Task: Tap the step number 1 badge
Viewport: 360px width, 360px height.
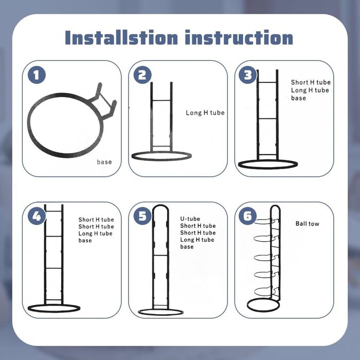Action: pyautogui.click(x=37, y=75)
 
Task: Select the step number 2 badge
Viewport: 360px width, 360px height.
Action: pyautogui.click(x=142, y=75)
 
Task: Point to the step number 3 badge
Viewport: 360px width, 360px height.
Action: pyautogui.click(x=248, y=75)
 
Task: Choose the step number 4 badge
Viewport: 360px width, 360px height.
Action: pyautogui.click(x=37, y=216)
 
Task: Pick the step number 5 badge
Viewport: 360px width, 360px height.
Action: pyautogui.click(x=142, y=216)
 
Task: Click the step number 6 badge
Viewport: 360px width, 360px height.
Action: pyautogui.click(x=248, y=216)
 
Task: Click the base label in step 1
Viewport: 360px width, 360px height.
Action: pyautogui.click(x=104, y=162)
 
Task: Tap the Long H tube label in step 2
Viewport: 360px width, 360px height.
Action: pyautogui.click(x=205, y=113)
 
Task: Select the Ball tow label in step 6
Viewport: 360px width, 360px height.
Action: pyautogui.click(x=307, y=224)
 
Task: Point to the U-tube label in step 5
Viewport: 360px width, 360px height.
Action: pyautogui.click(x=190, y=219)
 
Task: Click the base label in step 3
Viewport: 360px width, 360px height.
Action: pyautogui.click(x=298, y=98)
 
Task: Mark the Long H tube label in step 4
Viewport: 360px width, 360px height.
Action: pyautogui.click(x=95, y=233)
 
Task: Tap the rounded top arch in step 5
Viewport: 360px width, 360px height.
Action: pyautogui.click(x=160, y=206)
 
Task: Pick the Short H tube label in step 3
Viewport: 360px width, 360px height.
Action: pyautogui.click(x=311, y=82)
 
